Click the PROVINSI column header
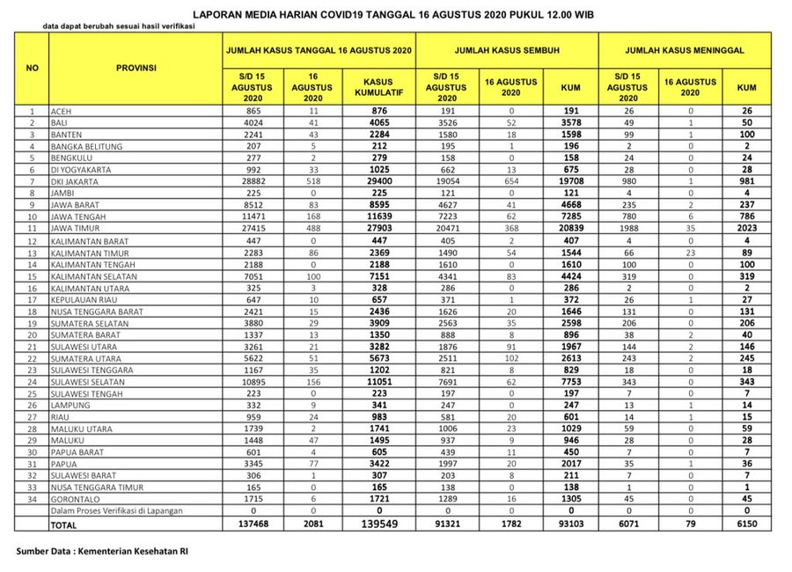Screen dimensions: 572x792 (x=136, y=68)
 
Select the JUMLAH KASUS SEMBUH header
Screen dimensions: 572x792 (x=508, y=51)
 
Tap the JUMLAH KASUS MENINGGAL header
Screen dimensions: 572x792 (x=686, y=51)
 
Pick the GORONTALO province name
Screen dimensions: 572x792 (x=77, y=499)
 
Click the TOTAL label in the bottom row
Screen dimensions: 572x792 (x=65, y=524)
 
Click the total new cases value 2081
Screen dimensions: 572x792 (x=312, y=524)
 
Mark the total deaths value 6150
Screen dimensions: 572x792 (x=746, y=524)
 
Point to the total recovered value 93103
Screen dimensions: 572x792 (x=569, y=524)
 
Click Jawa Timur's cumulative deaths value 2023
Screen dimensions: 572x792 (x=746, y=226)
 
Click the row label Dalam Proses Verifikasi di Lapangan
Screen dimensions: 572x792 (x=120, y=510)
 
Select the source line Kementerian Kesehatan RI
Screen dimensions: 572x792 (x=102, y=552)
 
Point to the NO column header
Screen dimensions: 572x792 (x=33, y=68)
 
